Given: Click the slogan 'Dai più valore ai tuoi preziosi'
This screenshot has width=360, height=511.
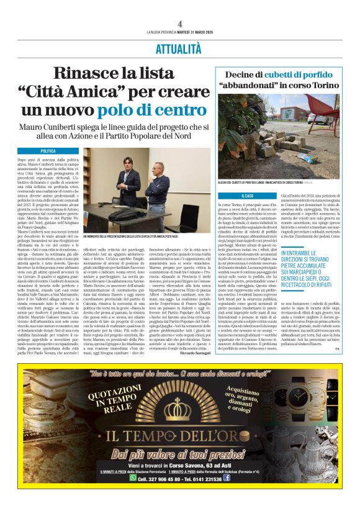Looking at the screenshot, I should coord(180,455).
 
